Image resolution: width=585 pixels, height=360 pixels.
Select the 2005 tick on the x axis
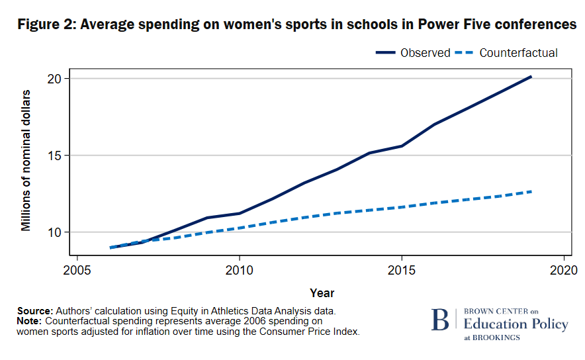click(77, 270)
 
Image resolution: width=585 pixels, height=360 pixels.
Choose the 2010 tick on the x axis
click(239, 270)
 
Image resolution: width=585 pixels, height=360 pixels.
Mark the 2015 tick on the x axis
click(401, 270)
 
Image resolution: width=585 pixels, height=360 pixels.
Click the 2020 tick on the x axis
click(563, 270)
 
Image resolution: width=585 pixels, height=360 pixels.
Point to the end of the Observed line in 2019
click(531, 77)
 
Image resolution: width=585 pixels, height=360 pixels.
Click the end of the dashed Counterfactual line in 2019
click(531, 191)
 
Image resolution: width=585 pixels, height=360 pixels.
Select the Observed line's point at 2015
click(401, 146)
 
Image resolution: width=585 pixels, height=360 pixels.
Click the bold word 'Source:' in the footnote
click(35, 310)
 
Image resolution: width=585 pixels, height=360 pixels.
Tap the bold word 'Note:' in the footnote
click(30, 321)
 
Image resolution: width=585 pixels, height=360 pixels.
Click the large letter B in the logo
click(439, 320)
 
